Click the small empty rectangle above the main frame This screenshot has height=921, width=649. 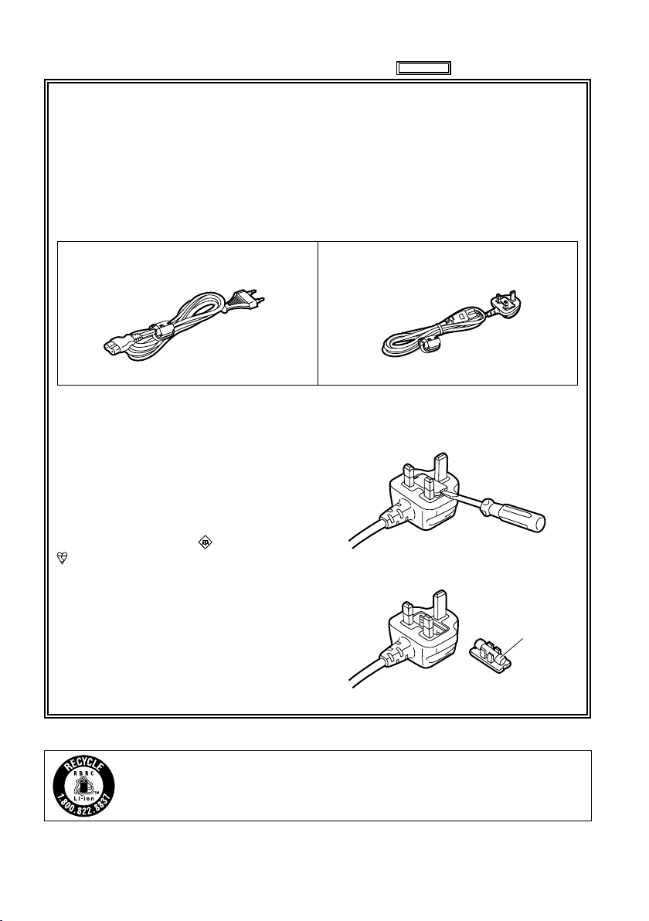click(x=423, y=68)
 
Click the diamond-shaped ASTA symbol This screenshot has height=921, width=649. click(x=205, y=543)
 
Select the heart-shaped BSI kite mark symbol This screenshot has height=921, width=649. click(x=63, y=559)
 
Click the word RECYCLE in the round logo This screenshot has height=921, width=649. click(x=83, y=768)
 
